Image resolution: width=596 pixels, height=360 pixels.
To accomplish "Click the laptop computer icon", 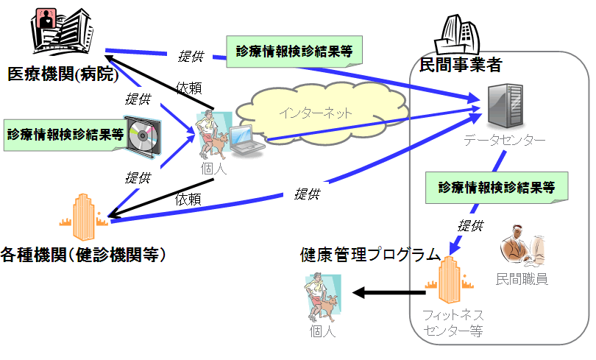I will [244, 141].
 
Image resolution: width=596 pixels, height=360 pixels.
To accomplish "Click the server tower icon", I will [505, 105].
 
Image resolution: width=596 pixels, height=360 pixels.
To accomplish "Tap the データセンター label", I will [505, 141].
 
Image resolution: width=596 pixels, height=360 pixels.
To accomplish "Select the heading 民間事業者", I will [460, 65].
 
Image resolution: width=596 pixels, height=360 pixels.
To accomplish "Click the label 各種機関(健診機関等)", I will [82, 255].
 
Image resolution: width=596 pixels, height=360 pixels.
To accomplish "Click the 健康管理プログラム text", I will [370, 255].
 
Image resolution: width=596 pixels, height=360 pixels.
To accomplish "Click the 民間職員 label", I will [522, 279].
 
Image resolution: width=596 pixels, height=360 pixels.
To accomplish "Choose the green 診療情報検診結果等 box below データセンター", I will [497, 186].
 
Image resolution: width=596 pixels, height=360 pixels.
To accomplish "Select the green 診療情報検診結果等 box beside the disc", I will [64, 135].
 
